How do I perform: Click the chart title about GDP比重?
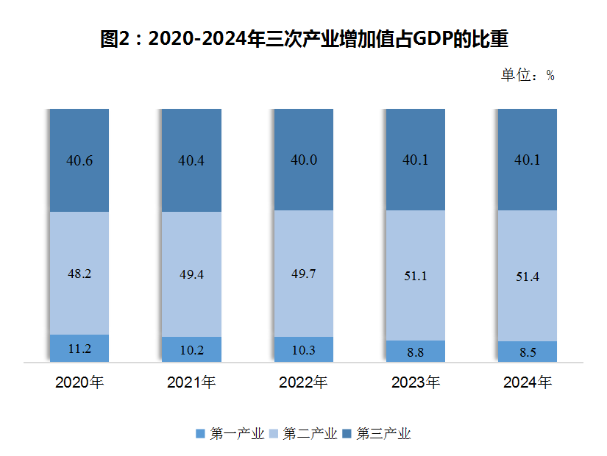click(304, 39)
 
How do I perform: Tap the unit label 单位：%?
click(527, 75)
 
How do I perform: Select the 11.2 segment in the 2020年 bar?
click(79, 349)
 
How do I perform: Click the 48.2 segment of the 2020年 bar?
click(79, 273)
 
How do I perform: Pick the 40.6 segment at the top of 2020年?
click(79, 160)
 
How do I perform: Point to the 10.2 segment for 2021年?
click(191, 350)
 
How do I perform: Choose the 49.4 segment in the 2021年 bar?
click(191, 274)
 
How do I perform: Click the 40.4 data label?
click(191, 160)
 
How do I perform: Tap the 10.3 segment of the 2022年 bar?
click(304, 350)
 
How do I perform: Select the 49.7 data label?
click(304, 274)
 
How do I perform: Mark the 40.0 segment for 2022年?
click(304, 160)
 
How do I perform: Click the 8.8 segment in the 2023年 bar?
click(415, 352)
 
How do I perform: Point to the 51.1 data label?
click(415, 276)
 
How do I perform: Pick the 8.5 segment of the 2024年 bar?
click(528, 352)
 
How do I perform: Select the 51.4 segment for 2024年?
click(528, 277)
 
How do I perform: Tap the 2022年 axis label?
click(304, 382)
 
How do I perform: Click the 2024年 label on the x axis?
click(528, 382)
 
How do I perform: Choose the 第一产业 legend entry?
click(230, 433)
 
